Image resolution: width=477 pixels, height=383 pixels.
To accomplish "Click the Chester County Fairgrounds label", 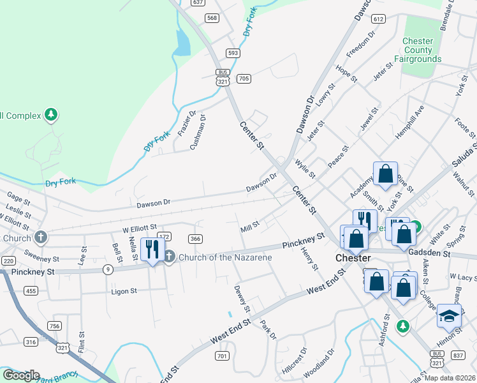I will tap(418, 50).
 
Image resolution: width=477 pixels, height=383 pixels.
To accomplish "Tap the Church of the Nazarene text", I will tap(225, 257).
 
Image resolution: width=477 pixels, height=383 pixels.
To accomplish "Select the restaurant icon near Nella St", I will tap(151, 248).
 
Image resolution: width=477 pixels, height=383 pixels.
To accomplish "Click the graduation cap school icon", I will tap(449, 316).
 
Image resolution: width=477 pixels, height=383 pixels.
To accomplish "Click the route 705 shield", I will tap(243, 79).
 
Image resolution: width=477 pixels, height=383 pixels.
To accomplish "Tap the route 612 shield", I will tap(379, 19).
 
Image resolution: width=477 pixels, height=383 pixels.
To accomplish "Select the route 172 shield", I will tap(164, 236).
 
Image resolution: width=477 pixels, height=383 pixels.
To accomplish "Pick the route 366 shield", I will tap(196, 238).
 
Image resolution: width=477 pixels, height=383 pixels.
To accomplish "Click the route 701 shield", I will tap(222, 356).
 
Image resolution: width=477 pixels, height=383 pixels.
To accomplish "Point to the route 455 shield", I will tap(29, 291).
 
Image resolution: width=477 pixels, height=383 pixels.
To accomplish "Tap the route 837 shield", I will tap(457, 354).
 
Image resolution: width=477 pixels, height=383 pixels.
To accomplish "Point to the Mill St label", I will tap(250, 226).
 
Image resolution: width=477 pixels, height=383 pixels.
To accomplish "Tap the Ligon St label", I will tap(125, 291).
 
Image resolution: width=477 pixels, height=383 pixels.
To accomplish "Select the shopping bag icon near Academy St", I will tap(385, 174).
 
